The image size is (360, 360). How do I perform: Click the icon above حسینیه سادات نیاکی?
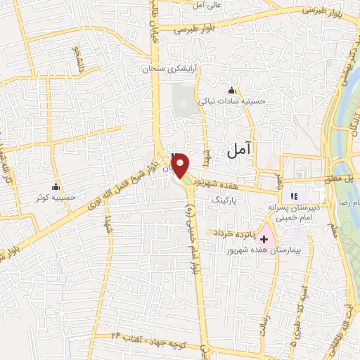[232, 90]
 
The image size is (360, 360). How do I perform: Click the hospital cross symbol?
[264, 240]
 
